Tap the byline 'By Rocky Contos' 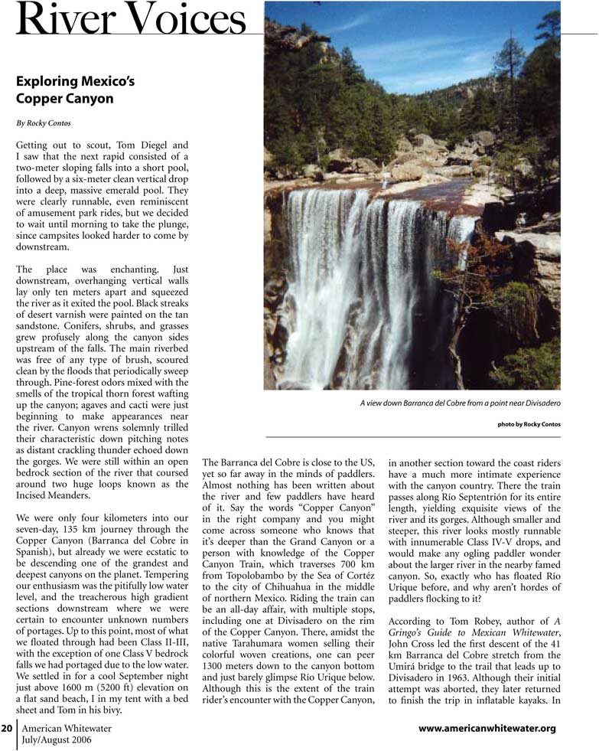click(45, 122)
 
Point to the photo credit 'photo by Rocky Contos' click(529, 424)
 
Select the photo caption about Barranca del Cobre click(460, 403)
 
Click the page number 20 click(6, 728)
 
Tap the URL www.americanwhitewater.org click(487, 728)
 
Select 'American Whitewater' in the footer click(67, 728)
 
